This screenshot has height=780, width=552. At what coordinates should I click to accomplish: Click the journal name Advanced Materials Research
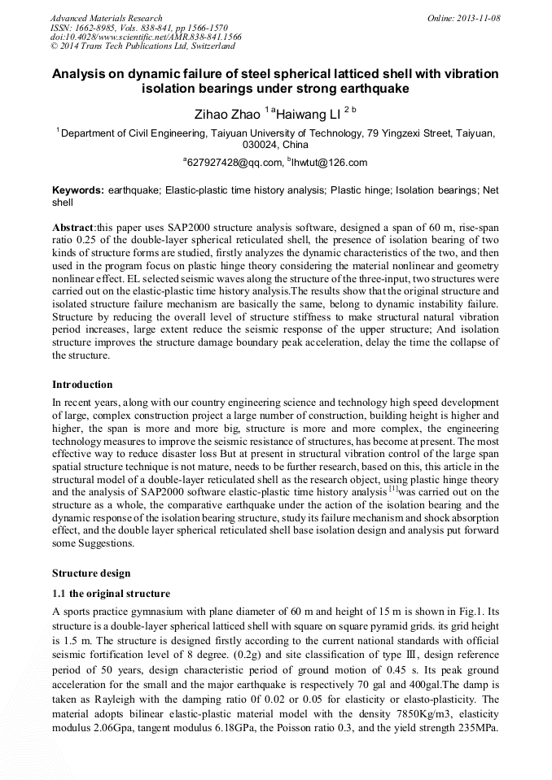pyautogui.click(x=107, y=18)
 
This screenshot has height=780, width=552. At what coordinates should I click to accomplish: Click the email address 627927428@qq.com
pyautogui.click(x=234, y=163)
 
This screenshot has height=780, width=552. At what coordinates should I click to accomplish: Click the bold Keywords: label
pyautogui.click(x=78, y=190)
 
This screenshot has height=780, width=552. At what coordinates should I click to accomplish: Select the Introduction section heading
pyautogui.click(x=82, y=385)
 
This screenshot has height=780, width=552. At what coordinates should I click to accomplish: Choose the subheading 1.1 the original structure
pyautogui.click(x=111, y=593)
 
